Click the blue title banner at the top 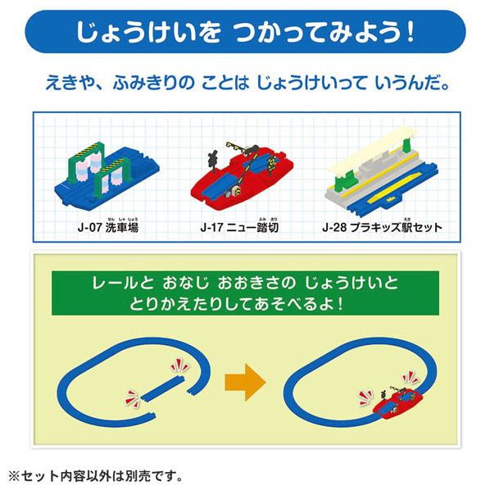245,32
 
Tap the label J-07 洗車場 108,227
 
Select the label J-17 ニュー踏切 239,227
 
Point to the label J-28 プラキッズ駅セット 382,227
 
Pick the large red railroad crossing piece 242,175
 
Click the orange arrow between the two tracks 246,382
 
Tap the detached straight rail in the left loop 162,388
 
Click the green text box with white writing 245,293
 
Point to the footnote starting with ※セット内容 95,476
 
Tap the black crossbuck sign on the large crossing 213,159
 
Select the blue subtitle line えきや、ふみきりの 247,84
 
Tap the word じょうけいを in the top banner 149,32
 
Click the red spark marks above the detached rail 180,365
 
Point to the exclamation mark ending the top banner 411,32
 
